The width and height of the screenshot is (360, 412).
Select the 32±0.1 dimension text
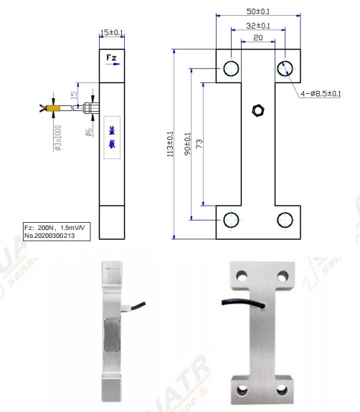pos(257,26)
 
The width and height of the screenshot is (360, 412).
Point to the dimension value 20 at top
pos(257,37)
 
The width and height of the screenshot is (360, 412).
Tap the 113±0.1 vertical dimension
pos(170,144)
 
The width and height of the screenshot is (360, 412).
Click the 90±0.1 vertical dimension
pos(188,144)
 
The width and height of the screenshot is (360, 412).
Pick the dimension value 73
pos(199,144)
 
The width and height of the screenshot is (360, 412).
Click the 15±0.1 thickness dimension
pos(112,32)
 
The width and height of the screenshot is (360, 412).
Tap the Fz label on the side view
pos(112,57)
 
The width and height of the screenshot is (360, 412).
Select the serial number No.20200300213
pos(55,234)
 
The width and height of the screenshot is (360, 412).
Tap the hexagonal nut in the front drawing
pos(257,110)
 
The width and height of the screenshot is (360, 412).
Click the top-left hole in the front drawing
pos(231,68)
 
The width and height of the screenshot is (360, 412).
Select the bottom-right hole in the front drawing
pos(285,219)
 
